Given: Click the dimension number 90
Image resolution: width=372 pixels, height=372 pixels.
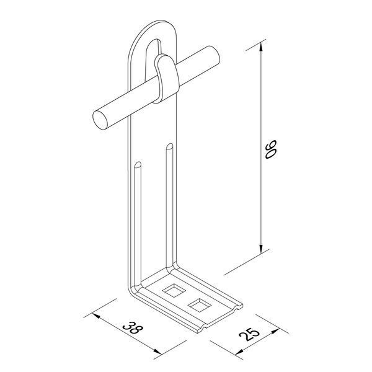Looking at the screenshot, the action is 271,149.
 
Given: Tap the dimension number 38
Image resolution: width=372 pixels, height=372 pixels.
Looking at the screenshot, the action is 133,327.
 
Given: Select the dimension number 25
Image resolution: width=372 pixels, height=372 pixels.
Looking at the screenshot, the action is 249,334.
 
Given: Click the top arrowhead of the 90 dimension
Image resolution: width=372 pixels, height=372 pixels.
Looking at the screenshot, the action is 261,47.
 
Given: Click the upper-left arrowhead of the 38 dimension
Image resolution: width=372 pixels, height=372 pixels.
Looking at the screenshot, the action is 96,316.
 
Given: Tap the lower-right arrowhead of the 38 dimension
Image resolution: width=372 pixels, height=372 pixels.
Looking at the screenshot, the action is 157,352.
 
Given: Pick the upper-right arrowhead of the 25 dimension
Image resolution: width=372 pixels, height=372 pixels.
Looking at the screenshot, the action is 275,332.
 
